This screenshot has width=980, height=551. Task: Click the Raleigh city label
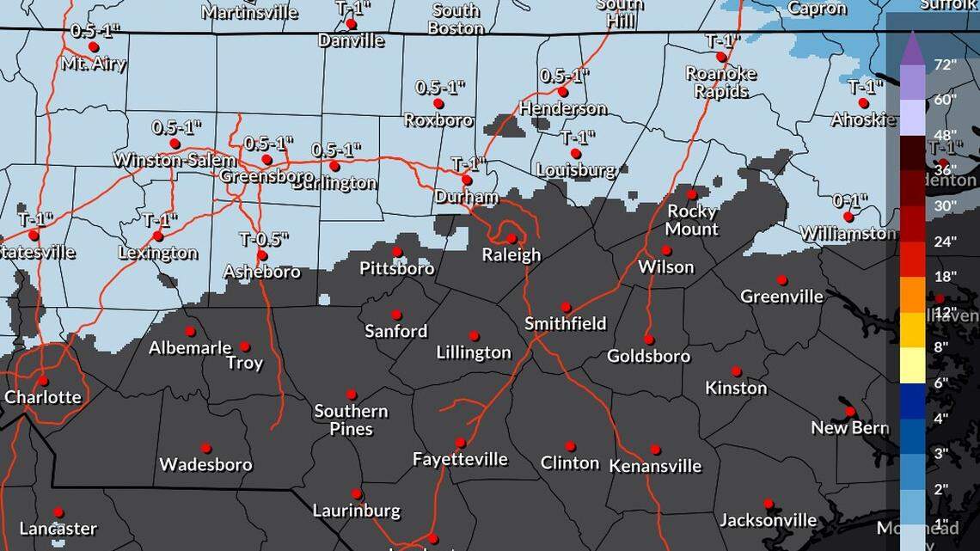click(x=511, y=254)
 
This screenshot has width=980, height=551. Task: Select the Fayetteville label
click(x=460, y=459)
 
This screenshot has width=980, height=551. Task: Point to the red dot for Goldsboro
click(x=649, y=339)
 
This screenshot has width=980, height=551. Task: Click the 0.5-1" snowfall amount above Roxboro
click(x=440, y=87)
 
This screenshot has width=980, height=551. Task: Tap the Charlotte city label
click(x=43, y=397)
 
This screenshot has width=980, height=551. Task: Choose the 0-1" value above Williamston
click(x=850, y=200)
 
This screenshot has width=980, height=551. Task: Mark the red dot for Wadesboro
click(x=206, y=448)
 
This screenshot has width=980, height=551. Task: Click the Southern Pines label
click(x=351, y=419)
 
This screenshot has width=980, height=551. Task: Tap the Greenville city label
click(x=782, y=297)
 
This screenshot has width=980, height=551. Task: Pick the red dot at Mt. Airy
click(x=93, y=47)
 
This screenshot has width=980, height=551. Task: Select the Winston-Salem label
click(x=175, y=161)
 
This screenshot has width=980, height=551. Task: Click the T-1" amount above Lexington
click(x=160, y=220)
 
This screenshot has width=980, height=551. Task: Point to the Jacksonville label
click(x=768, y=520)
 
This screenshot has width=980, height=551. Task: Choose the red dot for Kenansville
click(x=655, y=450)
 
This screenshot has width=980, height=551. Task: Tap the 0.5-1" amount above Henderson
click(x=565, y=76)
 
